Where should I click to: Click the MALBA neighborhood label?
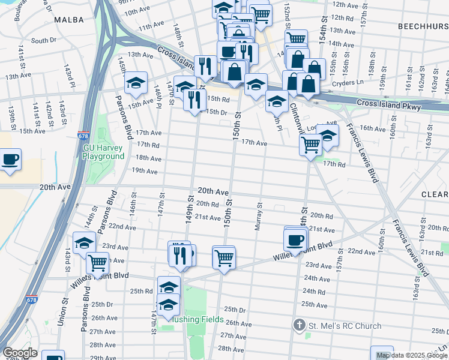(68, 20)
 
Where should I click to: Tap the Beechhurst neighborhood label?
(423, 27)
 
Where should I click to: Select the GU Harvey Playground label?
(103, 152)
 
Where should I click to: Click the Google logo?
(20, 353)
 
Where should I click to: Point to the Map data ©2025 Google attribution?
(411, 355)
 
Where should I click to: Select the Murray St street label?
(259, 212)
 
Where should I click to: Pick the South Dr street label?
(43, 41)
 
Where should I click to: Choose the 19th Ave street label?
(144, 171)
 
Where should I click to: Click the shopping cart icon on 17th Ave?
(310, 144)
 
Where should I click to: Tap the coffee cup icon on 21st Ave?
(295, 239)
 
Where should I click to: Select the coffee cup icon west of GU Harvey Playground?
(10, 160)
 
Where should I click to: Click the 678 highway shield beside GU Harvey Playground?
(83, 136)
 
